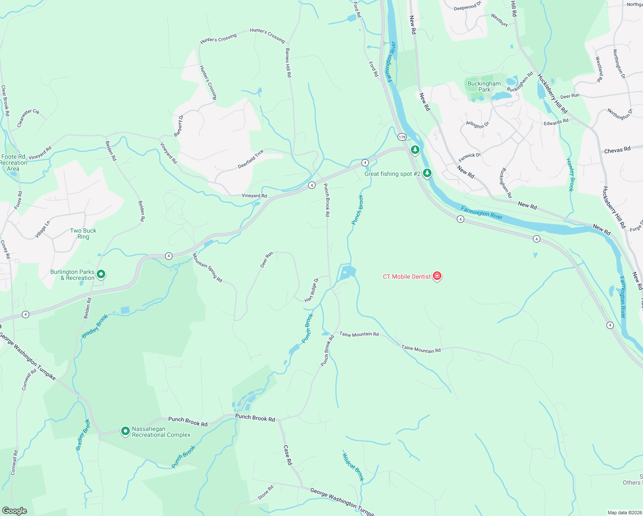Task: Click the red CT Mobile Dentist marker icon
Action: [437, 276]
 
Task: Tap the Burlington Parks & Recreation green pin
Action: [101, 274]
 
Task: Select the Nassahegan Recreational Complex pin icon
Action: [125, 431]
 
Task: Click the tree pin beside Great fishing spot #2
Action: [427, 173]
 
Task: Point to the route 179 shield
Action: [402, 137]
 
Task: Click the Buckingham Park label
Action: [484, 86]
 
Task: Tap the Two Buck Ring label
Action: [83, 233]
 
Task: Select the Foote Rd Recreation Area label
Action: [13, 163]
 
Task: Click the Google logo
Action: [15, 510]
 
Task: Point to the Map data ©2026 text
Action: [624, 513]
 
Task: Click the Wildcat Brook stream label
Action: [353, 467]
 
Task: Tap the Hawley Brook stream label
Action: [570, 175]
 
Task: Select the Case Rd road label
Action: [288, 455]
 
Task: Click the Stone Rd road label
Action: [266, 493]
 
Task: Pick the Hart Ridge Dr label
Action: [312, 290]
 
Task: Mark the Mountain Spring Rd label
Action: [207, 267]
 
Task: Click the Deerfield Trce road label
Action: [251, 159]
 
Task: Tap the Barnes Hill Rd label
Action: [288, 62]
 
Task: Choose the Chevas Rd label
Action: [617, 150]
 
